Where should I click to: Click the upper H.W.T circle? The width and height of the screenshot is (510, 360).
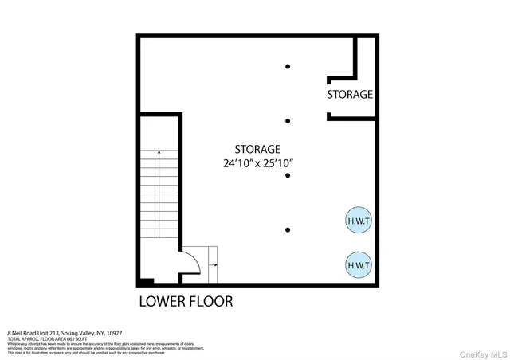click(x=358, y=220)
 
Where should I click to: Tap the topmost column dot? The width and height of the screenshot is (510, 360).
click(x=288, y=66)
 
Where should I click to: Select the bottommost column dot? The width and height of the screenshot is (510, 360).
click(x=288, y=230)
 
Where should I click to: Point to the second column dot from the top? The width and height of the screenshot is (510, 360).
click(x=288, y=121)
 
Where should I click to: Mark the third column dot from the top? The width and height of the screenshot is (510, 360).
click(x=288, y=176)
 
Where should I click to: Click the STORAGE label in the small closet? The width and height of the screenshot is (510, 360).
click(x=350, y=94)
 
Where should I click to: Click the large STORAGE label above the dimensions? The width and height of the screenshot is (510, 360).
click(x=257, y=149)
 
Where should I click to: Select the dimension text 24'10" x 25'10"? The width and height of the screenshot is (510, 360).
click(x=258, y=163)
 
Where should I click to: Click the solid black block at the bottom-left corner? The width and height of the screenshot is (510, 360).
click(x=144, y=281)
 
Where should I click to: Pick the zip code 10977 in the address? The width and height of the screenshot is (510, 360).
click(x=112, y=333)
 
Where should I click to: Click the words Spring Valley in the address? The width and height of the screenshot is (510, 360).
click(x=76, y=333)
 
